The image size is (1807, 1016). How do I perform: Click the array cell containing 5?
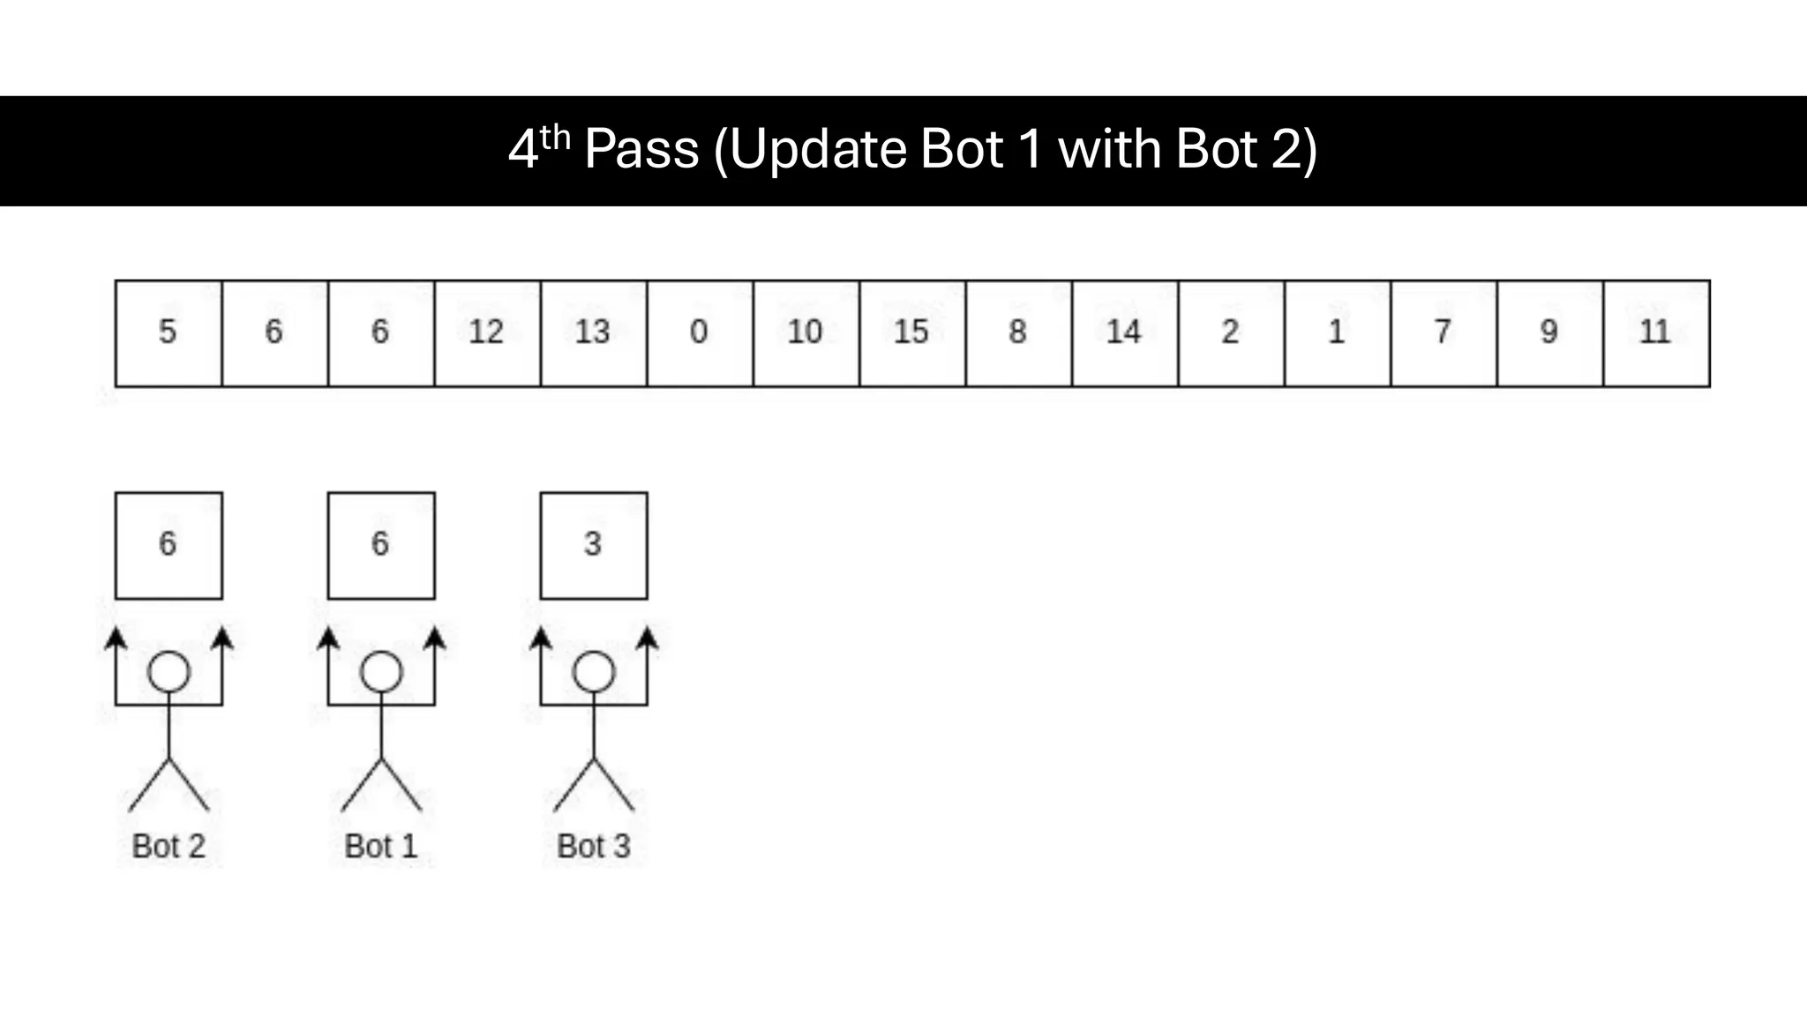click(168, 333)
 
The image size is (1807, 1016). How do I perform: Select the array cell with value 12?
click(487, 333)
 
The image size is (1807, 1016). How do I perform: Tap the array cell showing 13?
click(593, 333)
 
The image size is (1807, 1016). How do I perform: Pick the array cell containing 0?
click(700, 333)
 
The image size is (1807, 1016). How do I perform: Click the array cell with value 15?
click(912, 333)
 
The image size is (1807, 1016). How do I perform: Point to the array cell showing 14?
click(1125, 333)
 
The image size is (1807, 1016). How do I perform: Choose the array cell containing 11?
click(1656, 333)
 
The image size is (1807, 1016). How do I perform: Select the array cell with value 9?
click(1549, 333)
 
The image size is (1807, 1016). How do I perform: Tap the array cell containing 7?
click(1443, 333)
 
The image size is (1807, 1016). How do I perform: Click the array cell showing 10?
click(806, 333)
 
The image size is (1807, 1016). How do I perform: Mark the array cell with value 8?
click(1018, 333)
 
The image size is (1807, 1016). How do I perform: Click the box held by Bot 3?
click(593, 545)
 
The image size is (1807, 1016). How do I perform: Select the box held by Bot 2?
click(168, 545)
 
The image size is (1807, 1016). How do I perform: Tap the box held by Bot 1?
click(380, 545)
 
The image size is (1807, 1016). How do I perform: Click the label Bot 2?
click(168, 846)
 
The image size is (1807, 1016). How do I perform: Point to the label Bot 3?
click(593, 846)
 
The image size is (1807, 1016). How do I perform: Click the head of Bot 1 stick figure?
click(381, 672)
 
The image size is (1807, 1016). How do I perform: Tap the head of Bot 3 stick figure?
click(594, 672)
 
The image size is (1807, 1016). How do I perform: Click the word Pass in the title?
click(641, 149)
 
